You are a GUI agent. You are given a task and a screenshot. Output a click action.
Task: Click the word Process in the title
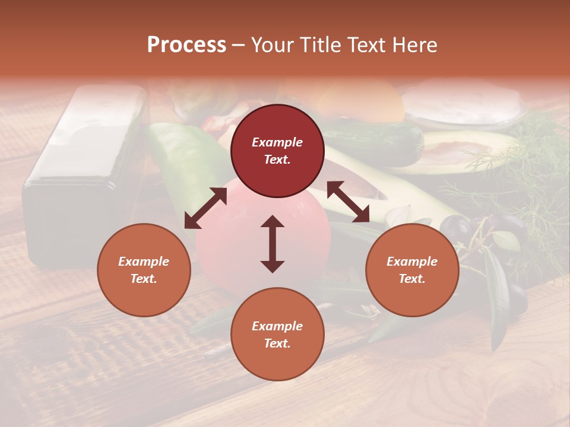(x=186, y=45)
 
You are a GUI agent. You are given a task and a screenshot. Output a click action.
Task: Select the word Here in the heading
(x=413, y=45)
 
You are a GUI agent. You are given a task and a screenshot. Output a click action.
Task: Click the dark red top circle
(x=277, y=151)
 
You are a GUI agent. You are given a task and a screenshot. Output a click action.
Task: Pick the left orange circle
(x=144, y=270)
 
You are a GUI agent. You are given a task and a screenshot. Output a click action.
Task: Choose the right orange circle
(x=412, y=270)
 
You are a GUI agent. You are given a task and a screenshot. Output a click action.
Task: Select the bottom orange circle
(x=277, y=334)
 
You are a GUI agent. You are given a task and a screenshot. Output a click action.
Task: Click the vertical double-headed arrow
(x=273, y=244)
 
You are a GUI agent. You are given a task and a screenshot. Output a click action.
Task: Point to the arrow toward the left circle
(x=205, y=208)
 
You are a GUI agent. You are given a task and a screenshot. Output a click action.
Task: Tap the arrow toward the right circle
(x=348, y=202)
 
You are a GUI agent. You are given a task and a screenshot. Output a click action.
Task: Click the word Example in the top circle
(x=277, y=142)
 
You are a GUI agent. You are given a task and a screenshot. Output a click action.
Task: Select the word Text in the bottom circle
(x=276, y=343)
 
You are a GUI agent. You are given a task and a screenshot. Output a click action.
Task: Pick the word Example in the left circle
(x=144, y=262)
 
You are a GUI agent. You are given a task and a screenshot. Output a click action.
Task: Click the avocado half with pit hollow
(x=469, y=151)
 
